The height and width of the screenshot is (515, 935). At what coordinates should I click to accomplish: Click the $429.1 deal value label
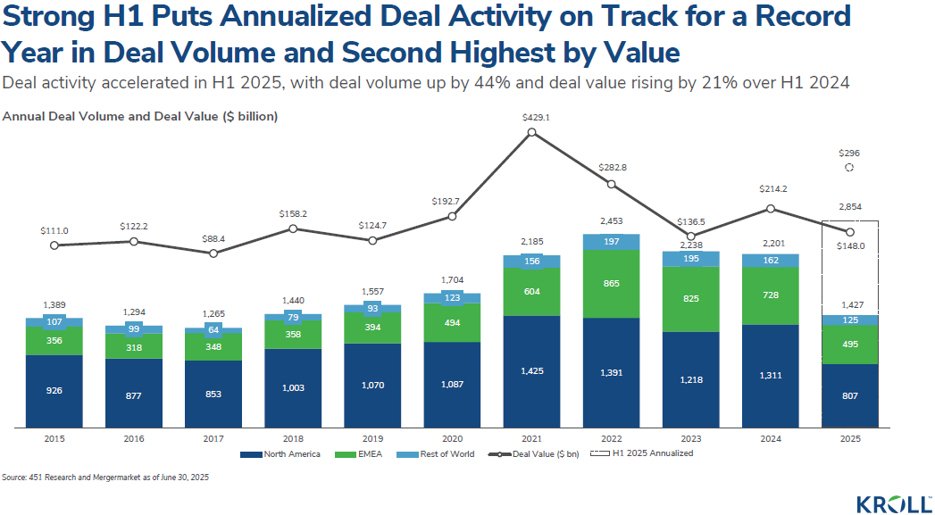[x=532, y=118]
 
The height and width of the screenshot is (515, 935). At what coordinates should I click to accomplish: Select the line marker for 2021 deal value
[x=532, y=133]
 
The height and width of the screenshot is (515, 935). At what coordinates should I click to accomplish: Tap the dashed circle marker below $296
[x=849, y=168]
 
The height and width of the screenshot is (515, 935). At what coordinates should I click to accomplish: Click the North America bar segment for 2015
[x=55, y=391]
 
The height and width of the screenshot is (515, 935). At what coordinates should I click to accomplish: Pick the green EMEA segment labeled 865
[x=612, y=283]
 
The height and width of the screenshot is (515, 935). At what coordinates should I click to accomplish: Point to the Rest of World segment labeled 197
[x=612, y=242]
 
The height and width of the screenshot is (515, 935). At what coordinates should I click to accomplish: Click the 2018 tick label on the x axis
[x=293, y=438]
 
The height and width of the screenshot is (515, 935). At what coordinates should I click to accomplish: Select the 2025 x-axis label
[x=849, y=438]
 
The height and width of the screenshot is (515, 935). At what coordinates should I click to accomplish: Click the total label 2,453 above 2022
[x=612, y=220]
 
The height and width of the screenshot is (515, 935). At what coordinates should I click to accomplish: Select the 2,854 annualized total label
[x=849, y=207]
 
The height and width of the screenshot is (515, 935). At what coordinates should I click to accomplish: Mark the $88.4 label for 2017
[x=213, y=238]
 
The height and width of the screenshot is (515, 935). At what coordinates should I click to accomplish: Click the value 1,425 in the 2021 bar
[x=532, y=370]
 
